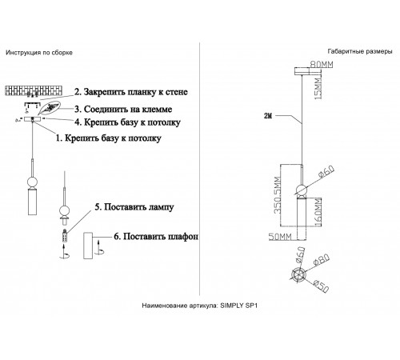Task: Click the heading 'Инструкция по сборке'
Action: [39, 53]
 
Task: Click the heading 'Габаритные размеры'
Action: [359, 50]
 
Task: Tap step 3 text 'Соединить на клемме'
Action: [134, 108]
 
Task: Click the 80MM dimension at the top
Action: [320, 63]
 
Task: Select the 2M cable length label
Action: [268, 115]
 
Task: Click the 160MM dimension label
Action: [318, 212]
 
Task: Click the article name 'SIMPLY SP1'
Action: [238, 306]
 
